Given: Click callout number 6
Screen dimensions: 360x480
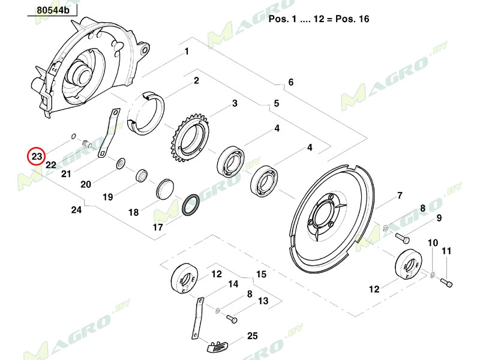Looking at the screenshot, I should click(x=291, y=82).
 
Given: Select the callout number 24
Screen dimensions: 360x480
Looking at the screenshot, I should click(x=76, y=210).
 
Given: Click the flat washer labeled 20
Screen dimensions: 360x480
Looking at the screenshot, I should click(x=121, y=163).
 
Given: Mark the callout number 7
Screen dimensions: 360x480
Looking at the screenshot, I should click(x=398, y=196).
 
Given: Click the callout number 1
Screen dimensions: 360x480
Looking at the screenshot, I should click(x=187, y=52).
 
